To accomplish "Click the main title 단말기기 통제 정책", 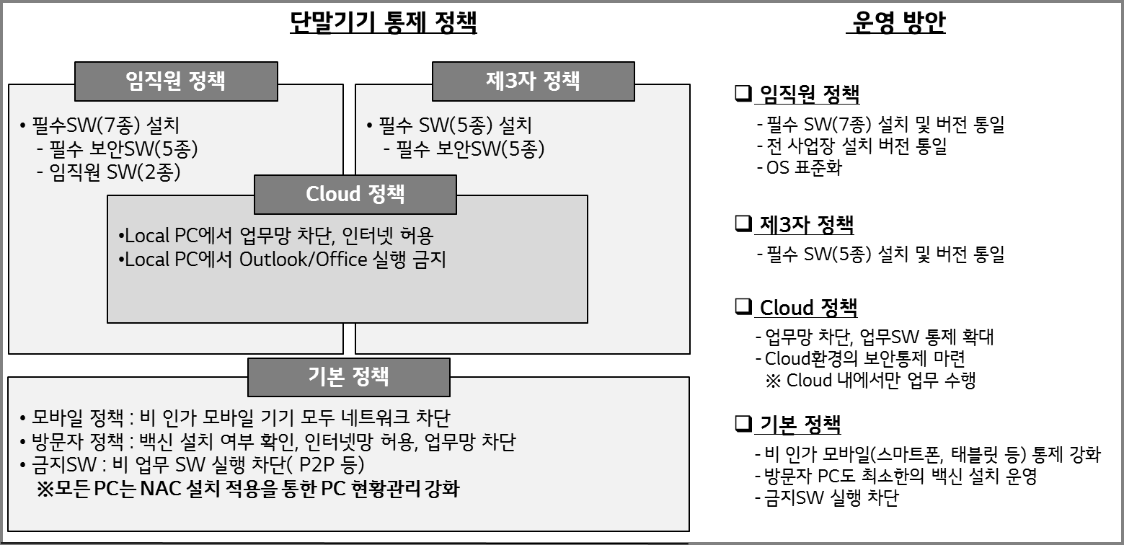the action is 384,22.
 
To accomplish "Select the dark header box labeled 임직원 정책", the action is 176,81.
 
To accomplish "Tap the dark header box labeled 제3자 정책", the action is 534,81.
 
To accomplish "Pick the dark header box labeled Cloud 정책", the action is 355,195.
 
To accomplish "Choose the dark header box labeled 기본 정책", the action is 349,377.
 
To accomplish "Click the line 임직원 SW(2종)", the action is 108,172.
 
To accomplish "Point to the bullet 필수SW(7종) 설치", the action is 99,125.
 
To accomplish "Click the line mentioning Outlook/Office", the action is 282,260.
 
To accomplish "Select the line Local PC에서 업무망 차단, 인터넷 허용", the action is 275,235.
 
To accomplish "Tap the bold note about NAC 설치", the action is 248,489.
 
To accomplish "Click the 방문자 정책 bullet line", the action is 268,442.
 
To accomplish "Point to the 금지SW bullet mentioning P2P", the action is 193,465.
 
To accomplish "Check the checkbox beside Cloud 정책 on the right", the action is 743,306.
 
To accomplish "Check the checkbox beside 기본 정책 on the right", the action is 743,423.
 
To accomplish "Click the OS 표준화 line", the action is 800,168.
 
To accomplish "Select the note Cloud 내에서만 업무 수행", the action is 871,381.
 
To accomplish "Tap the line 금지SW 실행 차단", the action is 827,498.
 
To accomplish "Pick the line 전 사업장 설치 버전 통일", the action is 852,146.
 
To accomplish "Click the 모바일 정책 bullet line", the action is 235,418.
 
